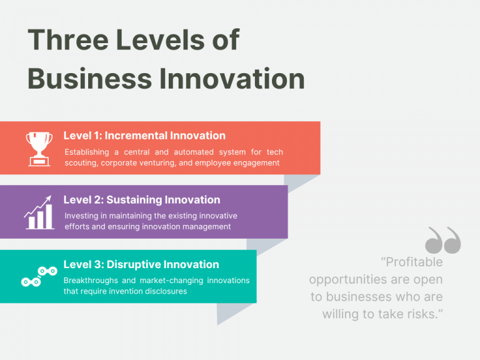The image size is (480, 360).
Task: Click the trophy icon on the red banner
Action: point(39,149)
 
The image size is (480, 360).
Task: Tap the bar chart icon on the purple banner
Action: point(38,212)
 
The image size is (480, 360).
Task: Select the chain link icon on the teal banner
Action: point(39,276)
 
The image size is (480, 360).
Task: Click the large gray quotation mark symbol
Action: point(442,241)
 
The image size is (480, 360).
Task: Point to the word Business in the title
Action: point(89,79)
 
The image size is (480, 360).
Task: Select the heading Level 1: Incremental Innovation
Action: point(144,136)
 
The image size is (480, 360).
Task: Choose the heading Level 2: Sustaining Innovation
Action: point(142,200)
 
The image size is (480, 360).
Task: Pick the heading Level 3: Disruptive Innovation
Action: point(141,264)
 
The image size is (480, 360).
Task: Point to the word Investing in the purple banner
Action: point(82,216)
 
